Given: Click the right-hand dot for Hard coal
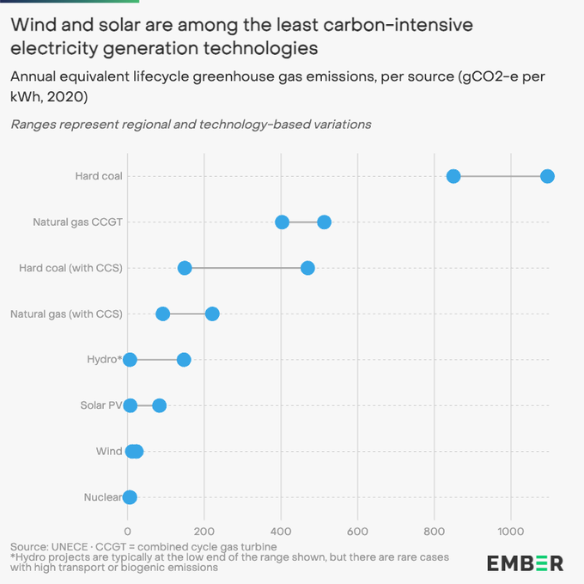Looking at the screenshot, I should click(x=547, y=176).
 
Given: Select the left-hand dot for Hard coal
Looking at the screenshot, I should click(x=453, y=176).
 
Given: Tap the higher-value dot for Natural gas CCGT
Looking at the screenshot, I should click(x=324, y=222).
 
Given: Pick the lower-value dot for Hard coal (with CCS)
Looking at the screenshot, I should click(x=185, y=268).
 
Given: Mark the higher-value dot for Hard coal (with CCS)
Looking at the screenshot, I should click(x=307, y=268).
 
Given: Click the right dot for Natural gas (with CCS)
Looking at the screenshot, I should click(x=212, y=313).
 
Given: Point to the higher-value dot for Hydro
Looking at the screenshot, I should click(x=184, y=359).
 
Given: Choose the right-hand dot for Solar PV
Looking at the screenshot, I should click(x=159, y=405).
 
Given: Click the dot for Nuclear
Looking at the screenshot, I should click(x=130, y=496).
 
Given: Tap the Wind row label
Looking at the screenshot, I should click(x=109, y=451).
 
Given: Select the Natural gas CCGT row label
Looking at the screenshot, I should click(x=78, y=222).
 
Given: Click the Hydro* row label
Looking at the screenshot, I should click(x=104, y=359).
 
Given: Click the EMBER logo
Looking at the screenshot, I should click(x=525, y=563).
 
